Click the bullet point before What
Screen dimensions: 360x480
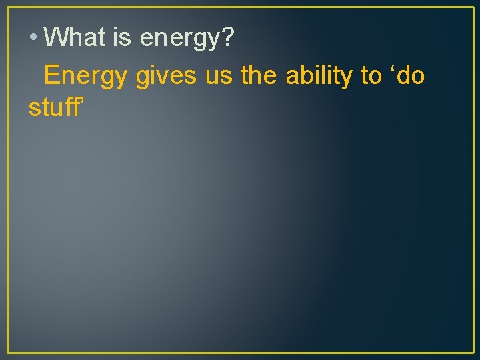tap(33, 38)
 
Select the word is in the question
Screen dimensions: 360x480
tap(123, 37)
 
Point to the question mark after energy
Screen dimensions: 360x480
tap(227, 37)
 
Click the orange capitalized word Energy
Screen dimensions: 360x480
tap(85, 77)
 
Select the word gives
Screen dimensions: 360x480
tap(166, 77)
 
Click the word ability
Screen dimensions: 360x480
tap(320, 77)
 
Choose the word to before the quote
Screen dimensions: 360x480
tap(371, 77)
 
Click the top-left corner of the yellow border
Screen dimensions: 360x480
tap(7, 7)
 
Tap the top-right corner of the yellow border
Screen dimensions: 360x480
tap(473, 7)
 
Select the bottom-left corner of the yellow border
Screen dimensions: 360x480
tap(7, 352)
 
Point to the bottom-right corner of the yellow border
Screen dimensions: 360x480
tap(473, 352)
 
